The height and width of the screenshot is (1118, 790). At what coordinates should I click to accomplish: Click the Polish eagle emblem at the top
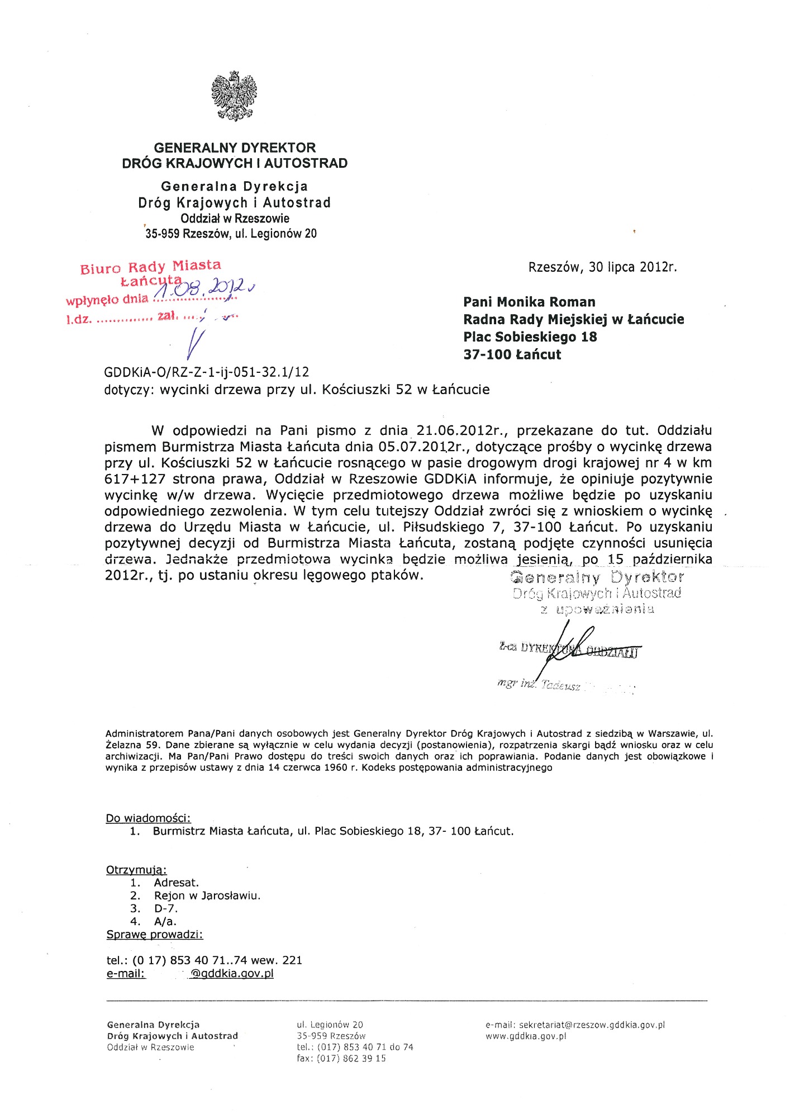[x=234, y=96]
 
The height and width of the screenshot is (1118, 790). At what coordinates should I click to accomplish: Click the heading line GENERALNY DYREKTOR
[x=235, y=148]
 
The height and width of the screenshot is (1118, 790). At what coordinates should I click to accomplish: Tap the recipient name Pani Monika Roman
[x=529, y=302]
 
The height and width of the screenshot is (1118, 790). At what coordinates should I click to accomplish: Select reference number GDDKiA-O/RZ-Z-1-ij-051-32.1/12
[x=206, y=372]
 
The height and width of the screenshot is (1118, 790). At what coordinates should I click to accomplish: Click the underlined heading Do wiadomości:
[x=148, y=818]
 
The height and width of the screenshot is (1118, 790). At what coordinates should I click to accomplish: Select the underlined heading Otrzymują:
[x=136, y=870]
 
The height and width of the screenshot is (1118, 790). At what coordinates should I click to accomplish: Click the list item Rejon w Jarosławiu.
[x=207, y=896]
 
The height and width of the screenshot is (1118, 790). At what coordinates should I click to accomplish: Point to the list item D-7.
[x=165, y=908]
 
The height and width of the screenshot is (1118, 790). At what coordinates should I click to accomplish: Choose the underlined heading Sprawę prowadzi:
[x=155, y=935]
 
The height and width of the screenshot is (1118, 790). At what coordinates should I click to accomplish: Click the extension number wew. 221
[x=277, y=960]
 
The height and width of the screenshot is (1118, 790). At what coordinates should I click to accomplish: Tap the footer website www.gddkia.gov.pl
[x=526, y=1036]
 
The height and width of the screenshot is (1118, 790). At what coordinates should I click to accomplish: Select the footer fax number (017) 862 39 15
[x=351, y=1058]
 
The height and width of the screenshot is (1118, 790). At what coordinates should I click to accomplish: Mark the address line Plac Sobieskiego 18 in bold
[x=530, y=337]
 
